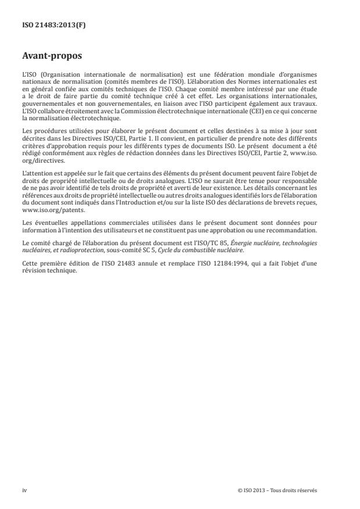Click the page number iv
(x=24, y=490)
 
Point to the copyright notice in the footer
(x=277, y=490)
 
